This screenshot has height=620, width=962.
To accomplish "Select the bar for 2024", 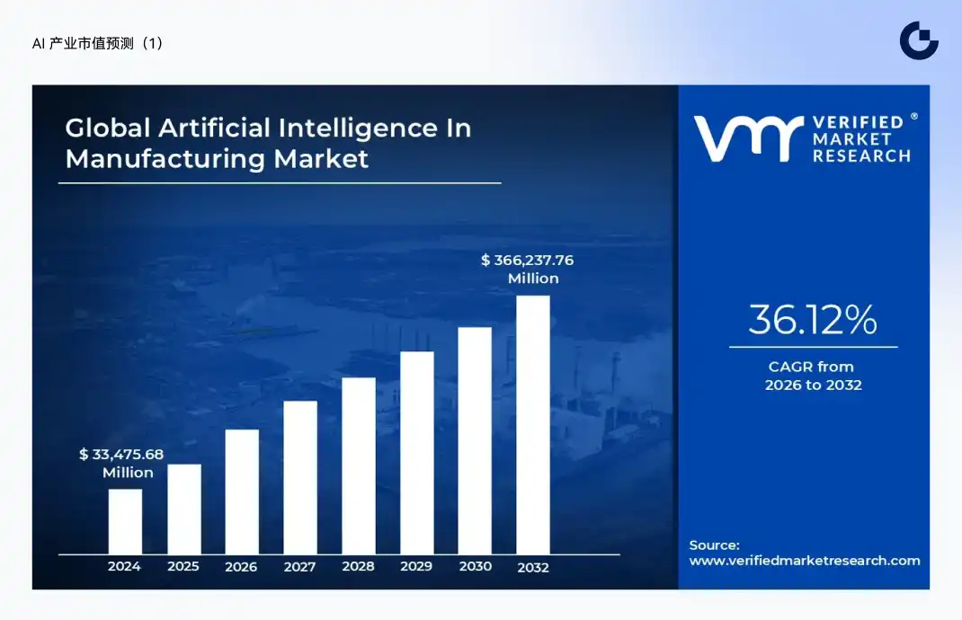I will pyautogui.click(x=125, y=521).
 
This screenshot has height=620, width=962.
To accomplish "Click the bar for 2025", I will pyautogui.click(x=184, y=509).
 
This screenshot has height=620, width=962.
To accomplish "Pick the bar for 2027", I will pyautogui.click(x=300, y=477).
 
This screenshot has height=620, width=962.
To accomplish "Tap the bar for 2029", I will pyautogui.click(x=416, y=452).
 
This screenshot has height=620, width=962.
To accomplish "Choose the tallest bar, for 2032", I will pyautogui.click(x=532, y=424).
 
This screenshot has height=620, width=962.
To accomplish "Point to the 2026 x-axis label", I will pyautogui.click(x=241, y=567).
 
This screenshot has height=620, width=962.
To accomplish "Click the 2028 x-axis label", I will pyautogui.click(x=358, y=567).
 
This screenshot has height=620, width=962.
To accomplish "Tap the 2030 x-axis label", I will pyautogui.click(x=475, y=567).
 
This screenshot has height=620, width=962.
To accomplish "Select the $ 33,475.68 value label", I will pyautogui.click(x=121, y=455).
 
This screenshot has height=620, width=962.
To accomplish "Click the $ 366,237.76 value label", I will pyautogui.click(x=527, y=261).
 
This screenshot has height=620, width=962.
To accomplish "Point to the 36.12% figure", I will pyautogui.click(x=812, y=320).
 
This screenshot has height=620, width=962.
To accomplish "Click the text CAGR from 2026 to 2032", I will pyautogui.click(x=813, y=376).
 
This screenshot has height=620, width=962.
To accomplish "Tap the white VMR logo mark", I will pyautogui.click(x=747, y=138).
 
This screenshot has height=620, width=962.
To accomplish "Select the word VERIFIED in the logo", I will pyautogui.click(x=858, y=122).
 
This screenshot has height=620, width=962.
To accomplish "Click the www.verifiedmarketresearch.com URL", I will pyautogui.click(x=805, y=561).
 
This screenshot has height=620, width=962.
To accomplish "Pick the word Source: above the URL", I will pyautogui.click(x=714, y=545).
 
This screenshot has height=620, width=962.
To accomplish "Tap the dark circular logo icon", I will pyautogui.click(x=919, y=40).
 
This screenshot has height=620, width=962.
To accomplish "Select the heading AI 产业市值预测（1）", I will pyautogui.click(x=98, y=43).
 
